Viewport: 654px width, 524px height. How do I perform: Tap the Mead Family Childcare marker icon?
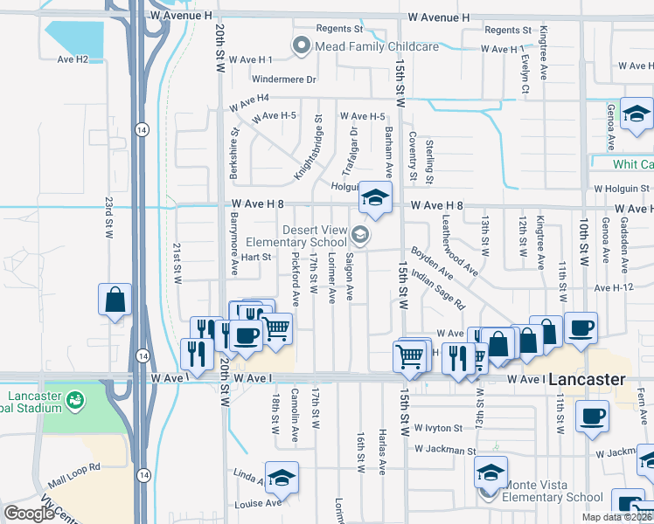pyautogui.click(x=303, y=45)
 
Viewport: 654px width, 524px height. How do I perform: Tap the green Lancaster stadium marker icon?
pyautogui.click(x=76, y=399)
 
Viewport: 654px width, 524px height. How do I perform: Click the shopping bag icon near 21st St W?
pyautogui.click(x=115, y=300)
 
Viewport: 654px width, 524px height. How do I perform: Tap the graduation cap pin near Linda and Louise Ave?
pyautogui.click(x=282, y=477)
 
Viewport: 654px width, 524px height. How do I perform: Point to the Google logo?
pyautogui.click(x=28, y=513)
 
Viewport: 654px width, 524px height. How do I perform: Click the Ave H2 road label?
pyautogui.click(x=73, y=59)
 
